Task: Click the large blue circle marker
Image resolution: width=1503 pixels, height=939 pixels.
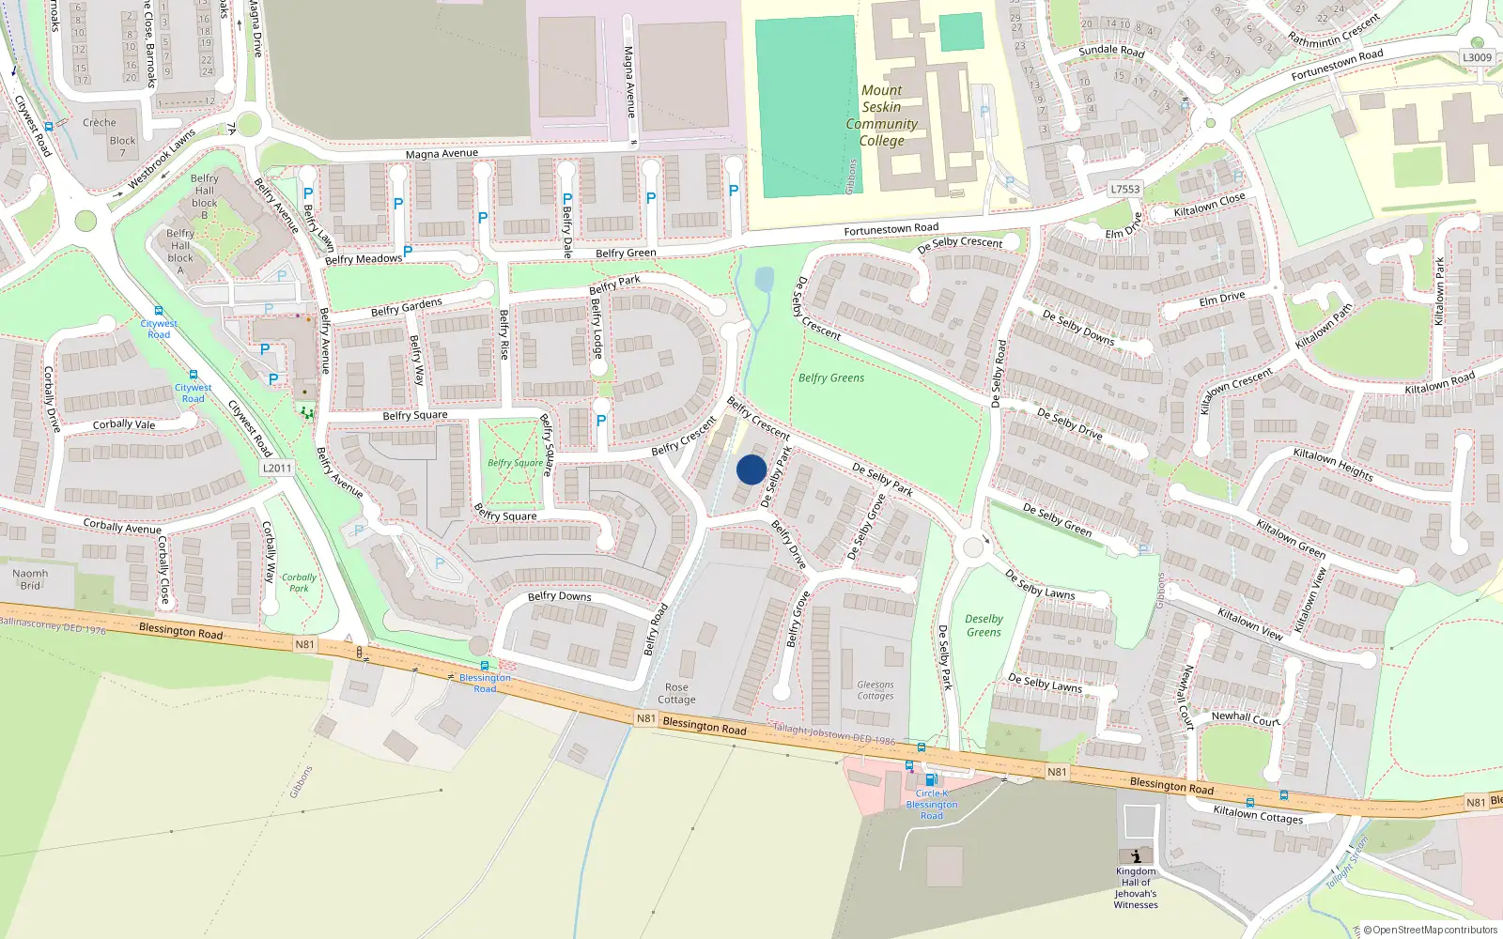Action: (751, 469)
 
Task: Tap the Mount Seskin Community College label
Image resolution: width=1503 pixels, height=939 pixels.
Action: (881, 115)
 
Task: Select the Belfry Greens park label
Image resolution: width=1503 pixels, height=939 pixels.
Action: (831, 377)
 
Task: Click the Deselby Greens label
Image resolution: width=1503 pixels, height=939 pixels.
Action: (984, 625)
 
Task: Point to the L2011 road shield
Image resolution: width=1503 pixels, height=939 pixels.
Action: (277, 468)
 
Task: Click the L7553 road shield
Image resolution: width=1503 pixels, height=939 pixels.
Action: (1125, 189)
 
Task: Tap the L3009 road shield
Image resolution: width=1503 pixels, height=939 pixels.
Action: (1477, 57)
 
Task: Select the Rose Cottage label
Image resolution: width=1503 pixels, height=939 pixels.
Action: (676, 693)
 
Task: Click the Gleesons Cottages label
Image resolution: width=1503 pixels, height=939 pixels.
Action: (875, 690)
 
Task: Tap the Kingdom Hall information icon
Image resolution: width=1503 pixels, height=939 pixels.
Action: (1137, 855)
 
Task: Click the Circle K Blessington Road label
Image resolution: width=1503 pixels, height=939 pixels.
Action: (931, 804)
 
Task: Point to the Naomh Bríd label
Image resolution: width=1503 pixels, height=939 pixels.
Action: (30, 579)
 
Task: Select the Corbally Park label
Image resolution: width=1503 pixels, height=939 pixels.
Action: (299, 583)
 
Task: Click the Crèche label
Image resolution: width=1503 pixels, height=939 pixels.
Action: (100, 122)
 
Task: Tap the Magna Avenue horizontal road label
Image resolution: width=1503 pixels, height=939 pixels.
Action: (442, 153)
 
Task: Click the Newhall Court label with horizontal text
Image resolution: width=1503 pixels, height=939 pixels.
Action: (1245, 718)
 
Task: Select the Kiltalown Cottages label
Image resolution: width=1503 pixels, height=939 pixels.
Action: (1258, 814)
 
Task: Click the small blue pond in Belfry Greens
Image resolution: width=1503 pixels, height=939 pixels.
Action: (764, 279)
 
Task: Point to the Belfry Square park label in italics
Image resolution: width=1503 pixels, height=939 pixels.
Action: (515, 462)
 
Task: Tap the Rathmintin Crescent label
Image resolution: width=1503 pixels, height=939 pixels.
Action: (1334, 30)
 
